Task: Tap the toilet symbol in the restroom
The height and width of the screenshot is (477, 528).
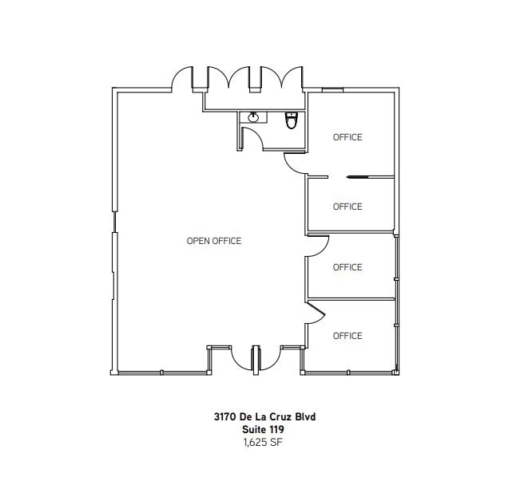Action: click(292, 121)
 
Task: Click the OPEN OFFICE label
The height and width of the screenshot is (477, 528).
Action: click(214, 241)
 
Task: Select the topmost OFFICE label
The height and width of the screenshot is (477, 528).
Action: click(347, 137)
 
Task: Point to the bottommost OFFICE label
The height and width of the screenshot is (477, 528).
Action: click(347, 336)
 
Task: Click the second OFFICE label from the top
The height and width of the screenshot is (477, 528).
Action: click(347, 207)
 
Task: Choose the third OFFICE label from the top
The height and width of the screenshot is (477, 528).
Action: click(347, 267)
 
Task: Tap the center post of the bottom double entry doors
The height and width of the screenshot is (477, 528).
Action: click(256, 358)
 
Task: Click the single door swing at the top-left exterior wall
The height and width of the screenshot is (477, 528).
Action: click(184, 81)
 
